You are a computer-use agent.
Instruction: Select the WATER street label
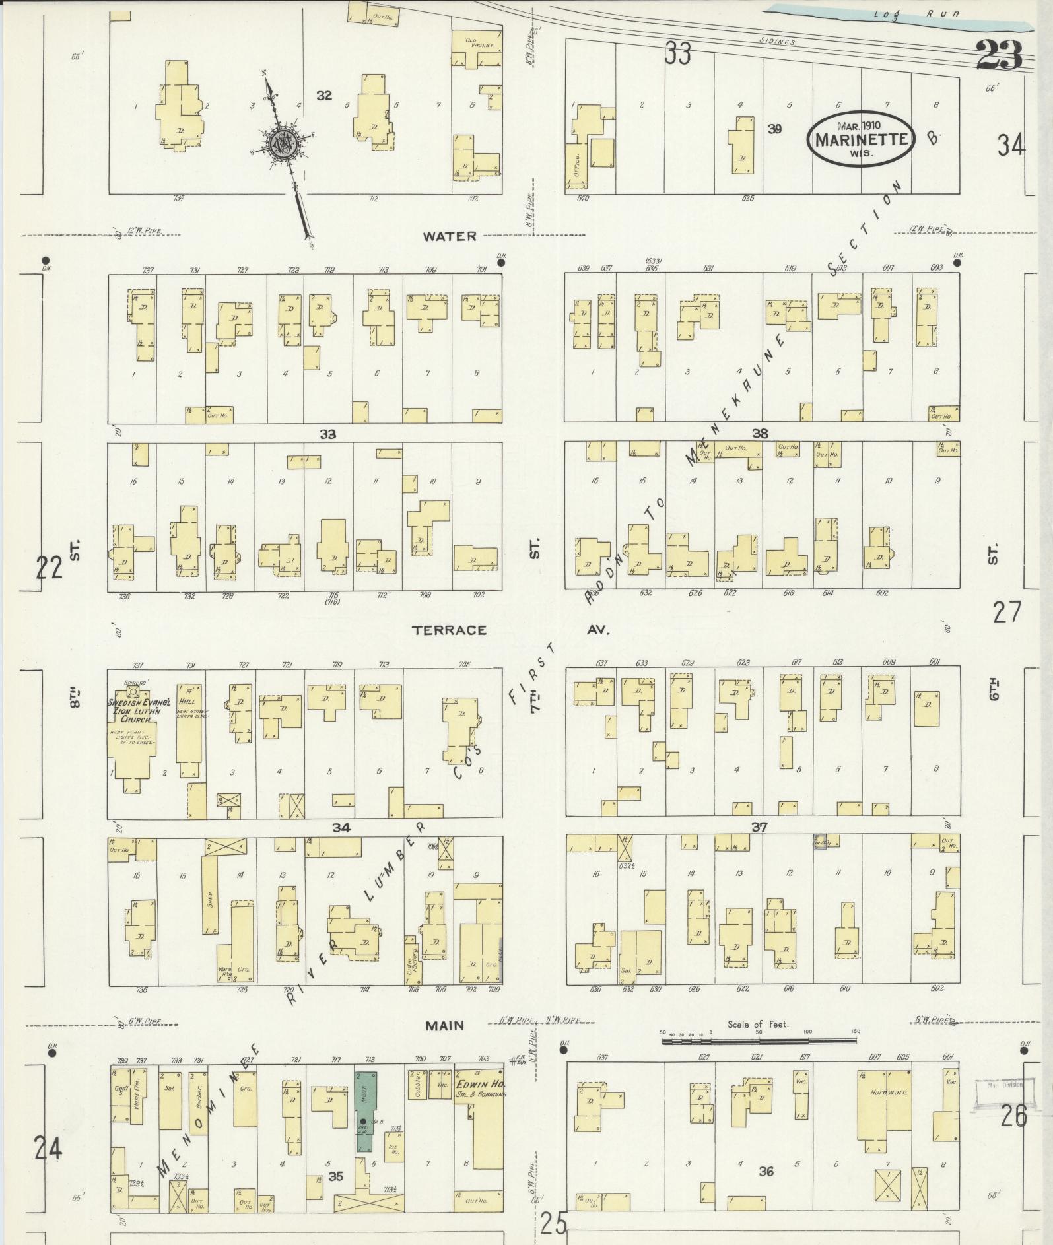450,236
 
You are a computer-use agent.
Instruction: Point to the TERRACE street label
449,630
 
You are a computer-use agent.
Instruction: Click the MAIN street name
444,1025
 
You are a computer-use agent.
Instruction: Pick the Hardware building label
889,1093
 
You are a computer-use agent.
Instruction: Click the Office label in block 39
577,163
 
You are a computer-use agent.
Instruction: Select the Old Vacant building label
475,43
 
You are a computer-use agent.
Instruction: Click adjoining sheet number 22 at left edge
48,566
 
